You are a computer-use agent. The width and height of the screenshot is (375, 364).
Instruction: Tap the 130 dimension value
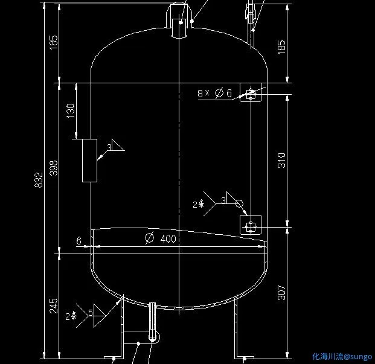(x=71, y=110)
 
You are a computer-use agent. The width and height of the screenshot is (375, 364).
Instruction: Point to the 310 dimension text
(x=281, y=160)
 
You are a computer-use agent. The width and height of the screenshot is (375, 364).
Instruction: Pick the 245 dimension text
(x=54, y=306)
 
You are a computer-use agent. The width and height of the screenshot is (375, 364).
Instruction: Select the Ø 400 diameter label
(x=161, y=238)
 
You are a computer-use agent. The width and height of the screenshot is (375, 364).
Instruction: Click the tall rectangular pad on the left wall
(x=89, y=160)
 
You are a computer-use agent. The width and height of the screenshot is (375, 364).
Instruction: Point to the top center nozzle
(x=179, y=21)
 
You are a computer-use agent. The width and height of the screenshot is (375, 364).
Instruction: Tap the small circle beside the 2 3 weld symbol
(x=239, y=203)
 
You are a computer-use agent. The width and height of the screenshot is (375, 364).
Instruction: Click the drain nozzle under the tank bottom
(x=152, y=323)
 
